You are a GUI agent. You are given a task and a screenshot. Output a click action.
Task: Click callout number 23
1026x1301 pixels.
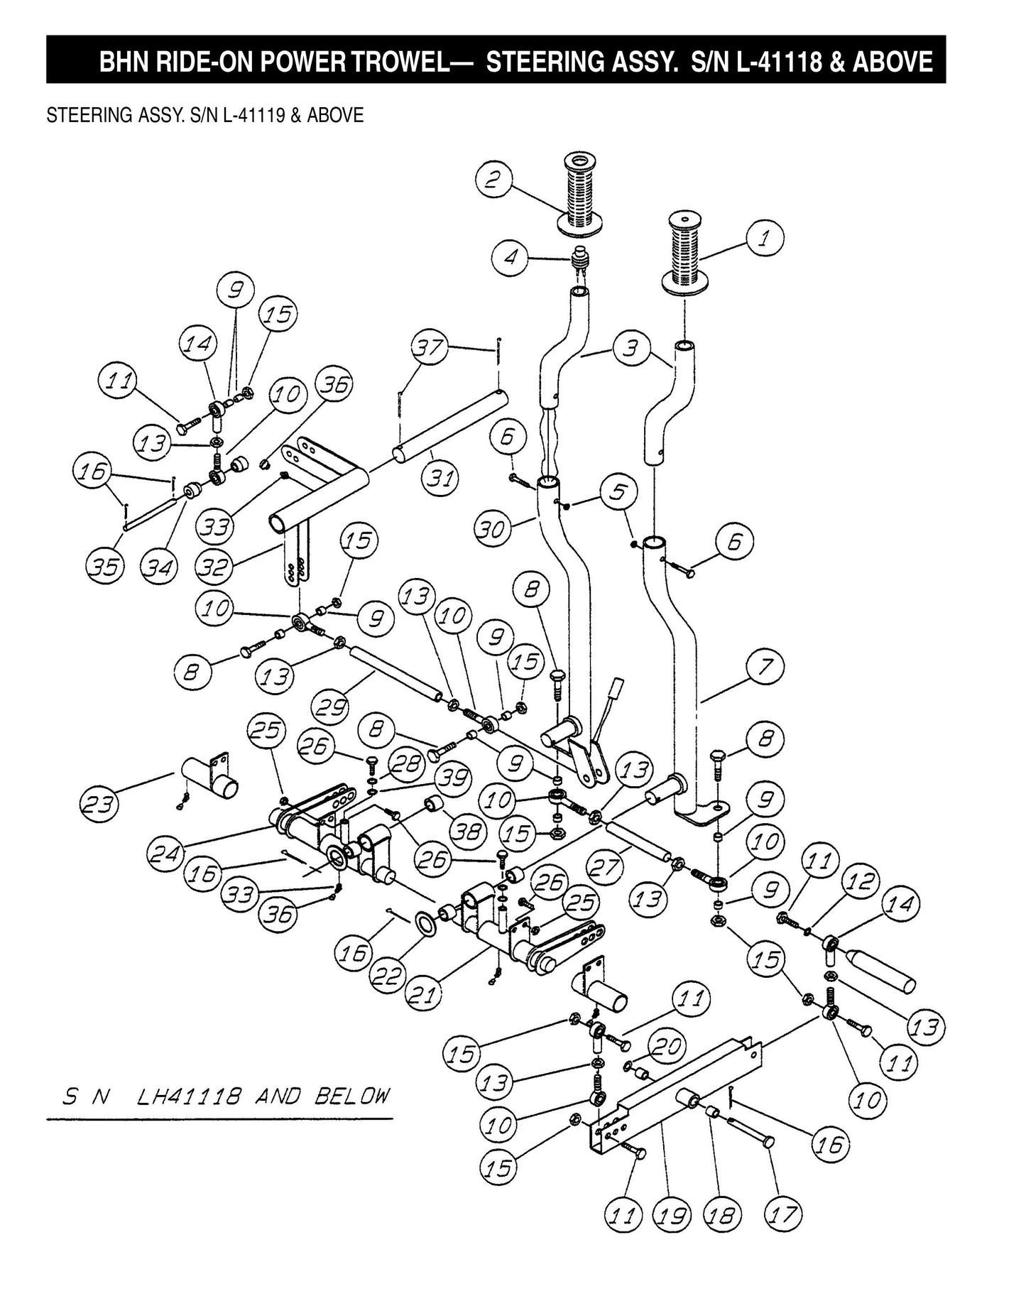[x=99, y=805]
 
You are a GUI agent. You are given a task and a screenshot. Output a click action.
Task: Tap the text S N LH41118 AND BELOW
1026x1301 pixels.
[x=226, y=1097]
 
